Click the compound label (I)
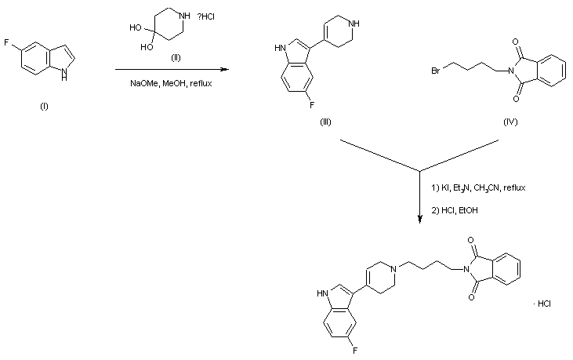[44, 107]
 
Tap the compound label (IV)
[511, 124]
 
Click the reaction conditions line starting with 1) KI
[478, 188]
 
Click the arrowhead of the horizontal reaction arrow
[225, 69]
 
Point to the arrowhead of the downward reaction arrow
[420, 220]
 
